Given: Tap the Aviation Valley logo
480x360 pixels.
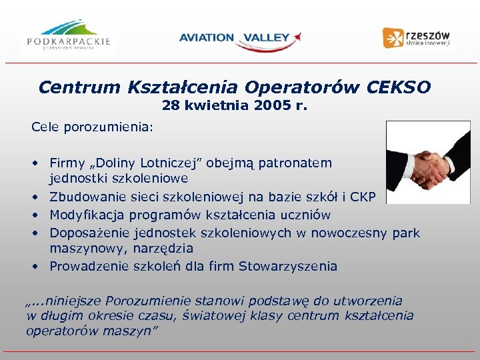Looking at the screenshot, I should point(240,38).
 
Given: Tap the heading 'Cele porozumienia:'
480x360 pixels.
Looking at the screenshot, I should point(91,126).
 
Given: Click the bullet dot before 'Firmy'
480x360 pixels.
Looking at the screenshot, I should point(33,163).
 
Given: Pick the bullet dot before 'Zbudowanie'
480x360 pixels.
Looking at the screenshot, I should point(33,197).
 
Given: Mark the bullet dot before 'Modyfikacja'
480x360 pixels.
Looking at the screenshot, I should point(33,215).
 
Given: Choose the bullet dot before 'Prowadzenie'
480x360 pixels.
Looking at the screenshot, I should point(33,267).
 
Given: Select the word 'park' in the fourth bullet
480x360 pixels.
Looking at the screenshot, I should point(406,232).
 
